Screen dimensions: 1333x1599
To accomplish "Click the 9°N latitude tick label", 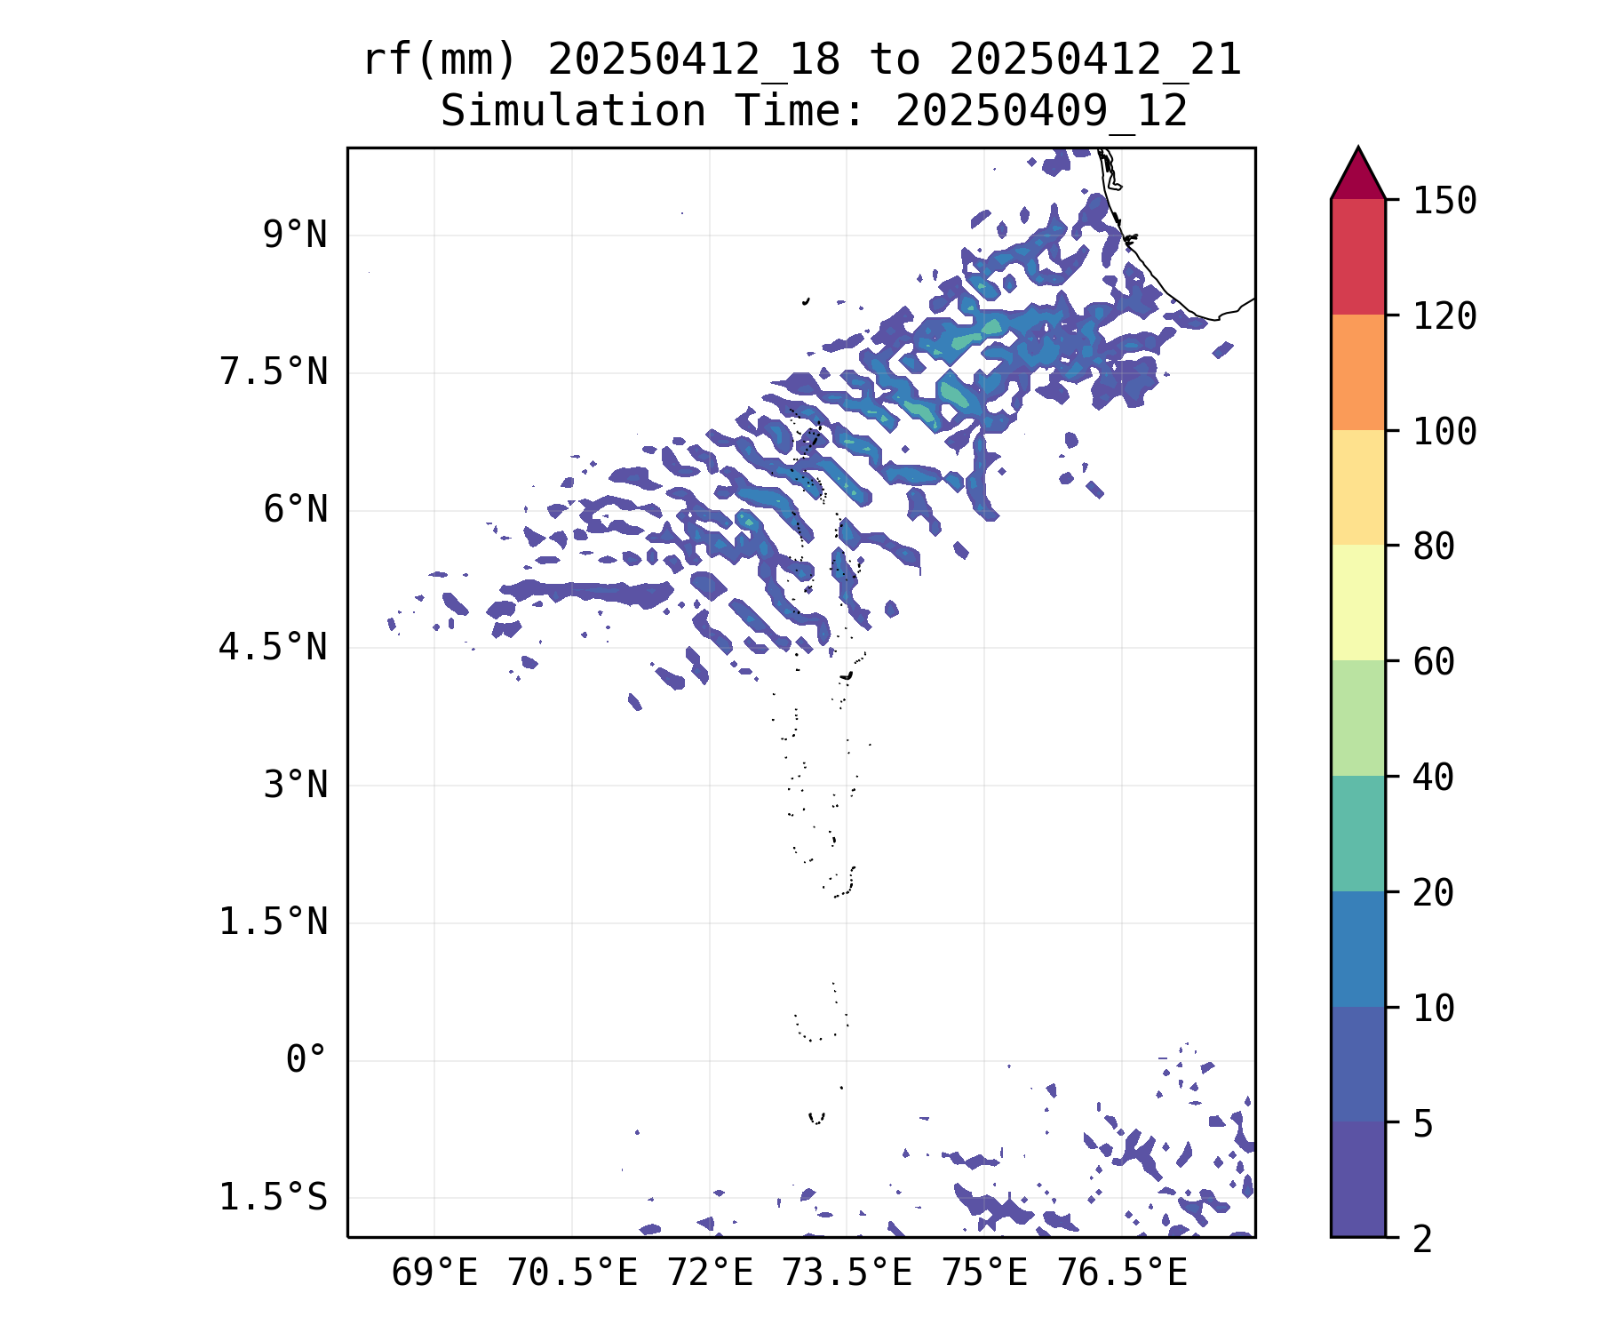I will pos(295,235).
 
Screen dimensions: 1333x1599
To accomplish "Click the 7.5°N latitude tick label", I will pos(274,372).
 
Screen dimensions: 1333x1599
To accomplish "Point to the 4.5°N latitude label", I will pos(274,648).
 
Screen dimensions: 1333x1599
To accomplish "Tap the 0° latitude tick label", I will pos(306,1060).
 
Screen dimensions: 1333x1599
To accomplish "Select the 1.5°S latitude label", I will pos(274,1198).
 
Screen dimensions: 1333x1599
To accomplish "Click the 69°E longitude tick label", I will pos(434,1273).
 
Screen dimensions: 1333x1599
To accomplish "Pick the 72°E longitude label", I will pos(710,1273).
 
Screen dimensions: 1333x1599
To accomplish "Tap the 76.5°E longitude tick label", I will pos(1122,1273).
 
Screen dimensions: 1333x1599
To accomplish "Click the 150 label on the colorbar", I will pos(1444,201).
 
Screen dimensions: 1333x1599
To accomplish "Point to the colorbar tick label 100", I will pos(1444,432).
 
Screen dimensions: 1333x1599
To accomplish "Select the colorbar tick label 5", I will pos(1423,1124).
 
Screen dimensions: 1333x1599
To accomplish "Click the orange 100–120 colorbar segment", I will pos(1357,372).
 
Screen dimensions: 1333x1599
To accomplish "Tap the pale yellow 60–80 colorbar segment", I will pos(1357,603).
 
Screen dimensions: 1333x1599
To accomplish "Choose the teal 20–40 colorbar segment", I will pos(1357,834).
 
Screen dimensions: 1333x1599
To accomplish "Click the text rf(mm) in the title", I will pos(440,60).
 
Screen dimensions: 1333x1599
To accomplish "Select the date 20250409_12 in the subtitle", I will pos(1041,112).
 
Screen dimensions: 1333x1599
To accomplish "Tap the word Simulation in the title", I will pos(573,112).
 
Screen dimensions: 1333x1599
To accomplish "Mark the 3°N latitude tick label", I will pos(295,786).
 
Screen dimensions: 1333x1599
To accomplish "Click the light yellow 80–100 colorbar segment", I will pos(1357,487).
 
